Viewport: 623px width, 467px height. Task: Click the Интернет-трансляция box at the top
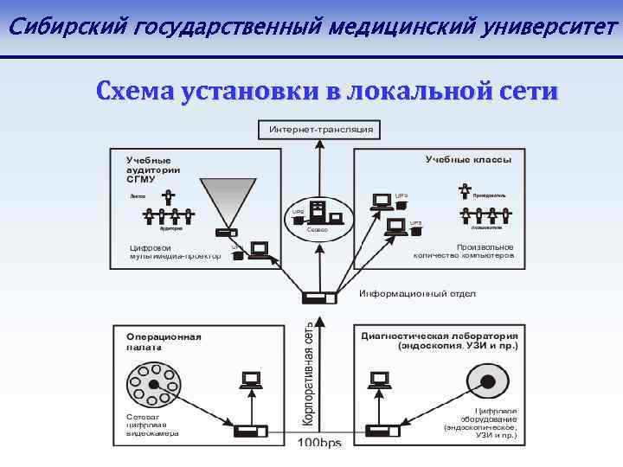pyautogui.click(x=321, y=130)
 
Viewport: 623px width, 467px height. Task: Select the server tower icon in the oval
pyautogui.click(x=318, y=212)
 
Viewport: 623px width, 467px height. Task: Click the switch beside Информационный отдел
pyautogui.click(x=318, y=297)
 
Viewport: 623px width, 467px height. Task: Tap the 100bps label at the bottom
pyautogui.click(x=320, y=444)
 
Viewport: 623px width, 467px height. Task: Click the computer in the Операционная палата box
pyautogui.click(x=252, y=381)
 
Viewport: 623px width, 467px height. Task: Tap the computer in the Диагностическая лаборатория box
pyautogui.click(x=379, y=381)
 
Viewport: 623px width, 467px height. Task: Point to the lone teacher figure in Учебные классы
pyautogui.click(x=466, y=192)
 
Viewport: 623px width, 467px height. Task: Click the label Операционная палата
pyautogui.click(x=164, y=341)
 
